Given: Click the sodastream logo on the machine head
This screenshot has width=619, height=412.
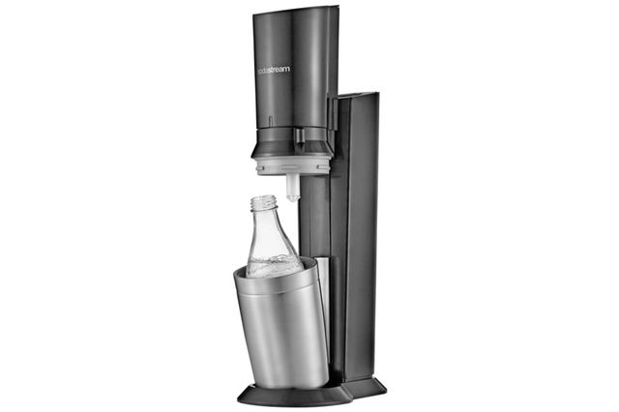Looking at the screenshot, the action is point(273,70).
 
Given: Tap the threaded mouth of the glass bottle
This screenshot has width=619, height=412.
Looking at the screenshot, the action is point(262,202).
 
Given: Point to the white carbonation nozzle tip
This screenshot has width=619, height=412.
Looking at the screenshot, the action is point(292,189).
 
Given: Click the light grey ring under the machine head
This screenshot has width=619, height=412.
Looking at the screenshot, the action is point(293,164).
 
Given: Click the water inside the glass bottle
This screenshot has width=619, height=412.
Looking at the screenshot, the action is point(273,266).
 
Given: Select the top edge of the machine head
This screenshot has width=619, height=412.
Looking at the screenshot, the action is point(296,10).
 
